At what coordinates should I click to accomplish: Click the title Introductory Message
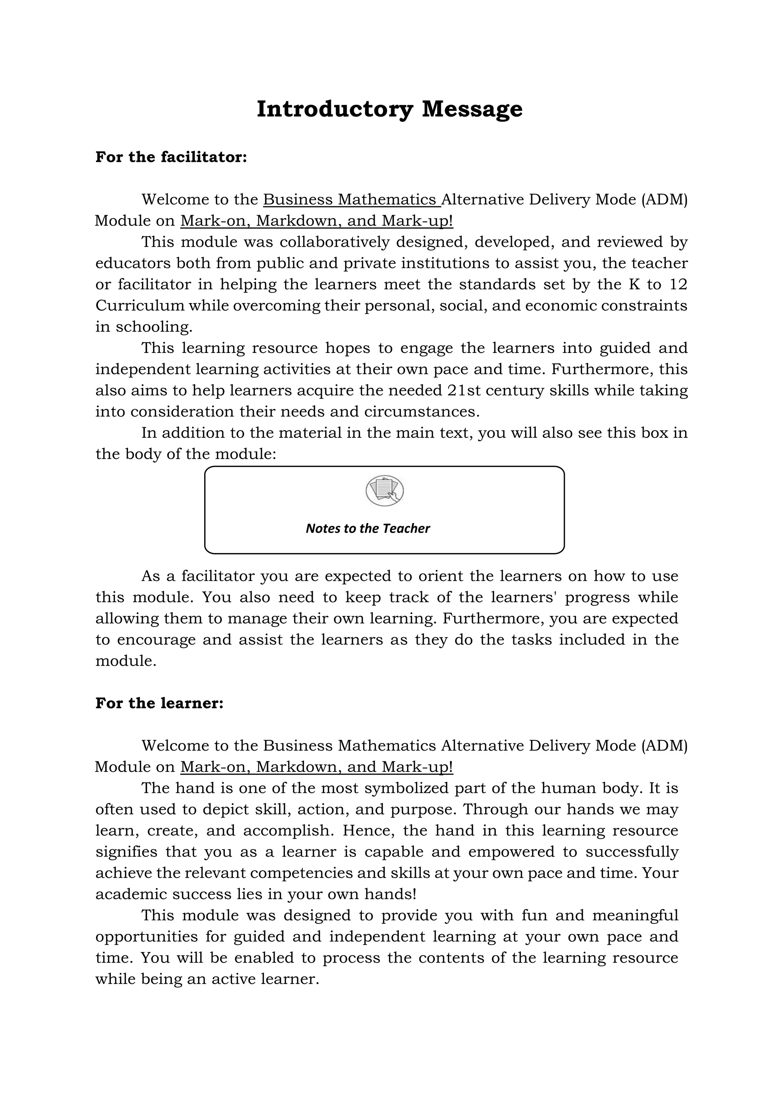(390, 109)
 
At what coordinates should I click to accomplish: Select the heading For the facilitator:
(171, 157)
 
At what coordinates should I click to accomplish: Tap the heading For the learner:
(160, 703)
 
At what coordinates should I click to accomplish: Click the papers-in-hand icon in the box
(384, 491)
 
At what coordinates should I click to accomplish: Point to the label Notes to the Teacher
(368, 528)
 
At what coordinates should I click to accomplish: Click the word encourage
(156, 640)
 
